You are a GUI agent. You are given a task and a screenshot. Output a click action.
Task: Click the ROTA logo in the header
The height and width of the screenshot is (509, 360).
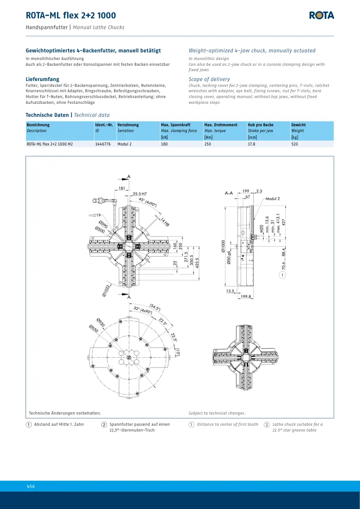(321, 15)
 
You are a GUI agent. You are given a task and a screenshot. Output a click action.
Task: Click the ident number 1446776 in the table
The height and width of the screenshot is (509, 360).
(102, 144)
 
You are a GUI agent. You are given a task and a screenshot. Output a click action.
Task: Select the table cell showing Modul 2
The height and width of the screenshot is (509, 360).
(124, 144)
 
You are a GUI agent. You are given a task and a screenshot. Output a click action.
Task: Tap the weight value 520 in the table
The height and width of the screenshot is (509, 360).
(295, 144)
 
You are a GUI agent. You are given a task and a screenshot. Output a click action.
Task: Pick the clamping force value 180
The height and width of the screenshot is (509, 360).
(164, 144)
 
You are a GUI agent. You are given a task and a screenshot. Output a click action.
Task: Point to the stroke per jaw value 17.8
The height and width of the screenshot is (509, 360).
(252, 144)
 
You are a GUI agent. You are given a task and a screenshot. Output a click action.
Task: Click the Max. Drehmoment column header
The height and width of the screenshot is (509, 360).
(221, 125)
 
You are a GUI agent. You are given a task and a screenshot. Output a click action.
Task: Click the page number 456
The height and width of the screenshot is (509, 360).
(30, 486)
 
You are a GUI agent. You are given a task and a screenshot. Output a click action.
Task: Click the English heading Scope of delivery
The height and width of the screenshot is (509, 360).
(210, 79)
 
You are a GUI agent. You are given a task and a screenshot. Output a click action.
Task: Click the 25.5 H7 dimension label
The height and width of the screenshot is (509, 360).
(140, 194)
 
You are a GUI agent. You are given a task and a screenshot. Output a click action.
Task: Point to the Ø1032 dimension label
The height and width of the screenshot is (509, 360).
(107, 290)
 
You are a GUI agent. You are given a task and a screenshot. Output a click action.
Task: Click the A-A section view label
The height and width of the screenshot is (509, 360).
(229, 193)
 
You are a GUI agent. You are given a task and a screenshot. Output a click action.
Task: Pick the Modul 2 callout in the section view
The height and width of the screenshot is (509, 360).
(273, 199)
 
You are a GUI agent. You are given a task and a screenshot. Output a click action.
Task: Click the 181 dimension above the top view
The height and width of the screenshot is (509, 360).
(122, 188)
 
